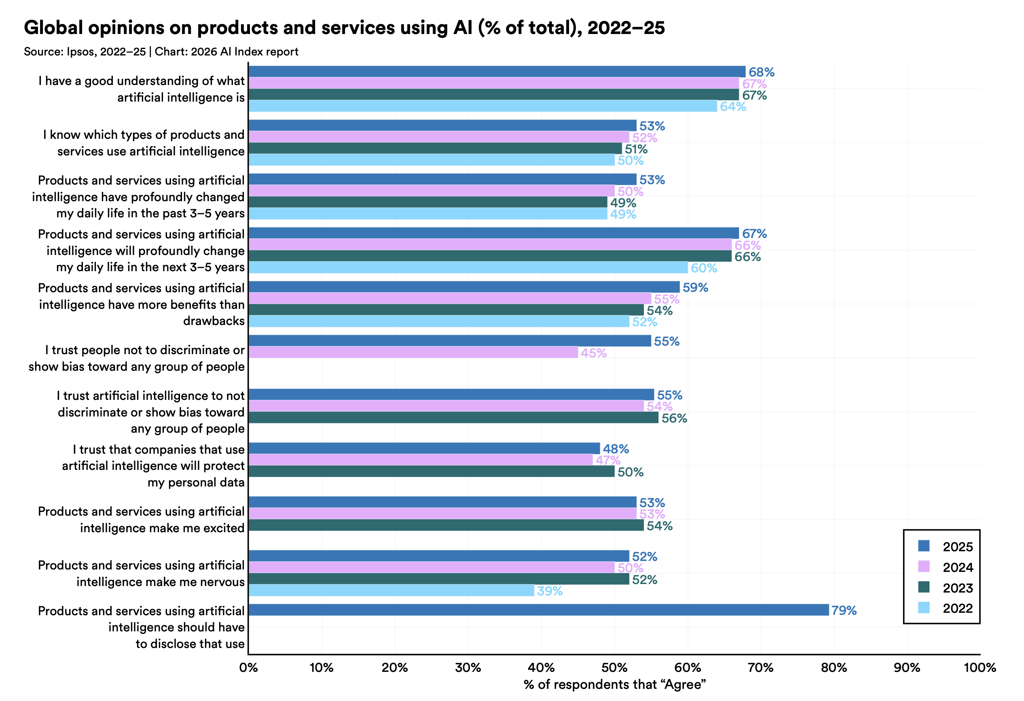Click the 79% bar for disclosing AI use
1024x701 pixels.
pyautogui.click(x=538, y=610)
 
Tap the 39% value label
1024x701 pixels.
pyautogui.click(x=550, y=591)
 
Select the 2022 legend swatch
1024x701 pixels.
pyautogui.click(x=924, y=608)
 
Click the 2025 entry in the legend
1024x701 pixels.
pyautogui.click(x=957, y=547)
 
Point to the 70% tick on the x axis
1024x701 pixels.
pyautogui.click(x=760, y=667)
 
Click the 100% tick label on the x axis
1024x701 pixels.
pyautogui.click(x=980, y=667)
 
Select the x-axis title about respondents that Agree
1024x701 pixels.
pyautogui.click(x=614, y=684)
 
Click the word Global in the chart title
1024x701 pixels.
pyautogui.click(x=53, y=28)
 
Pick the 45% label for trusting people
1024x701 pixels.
pyautogui.click(x=594, y=353)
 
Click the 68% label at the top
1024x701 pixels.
pyautogui.click(x=762, y=72)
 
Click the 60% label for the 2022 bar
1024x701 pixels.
pyautogui.click(x=704, y=268)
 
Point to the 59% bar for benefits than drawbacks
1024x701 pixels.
pyautogui.click(x=464, y=287)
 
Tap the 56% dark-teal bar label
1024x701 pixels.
pyautogui.click(x=674, y=418)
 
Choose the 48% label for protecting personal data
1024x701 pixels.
pyautogui.click(x=616, y=449)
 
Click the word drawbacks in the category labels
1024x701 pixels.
pyautogui.click(x=214, y=321)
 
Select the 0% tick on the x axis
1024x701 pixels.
pyautogui.click(x=248, y=667)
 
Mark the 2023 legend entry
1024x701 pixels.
pyautogui.click(x=957, y=588)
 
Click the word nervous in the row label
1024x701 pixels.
pyautogui.click(x=222, y=582)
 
